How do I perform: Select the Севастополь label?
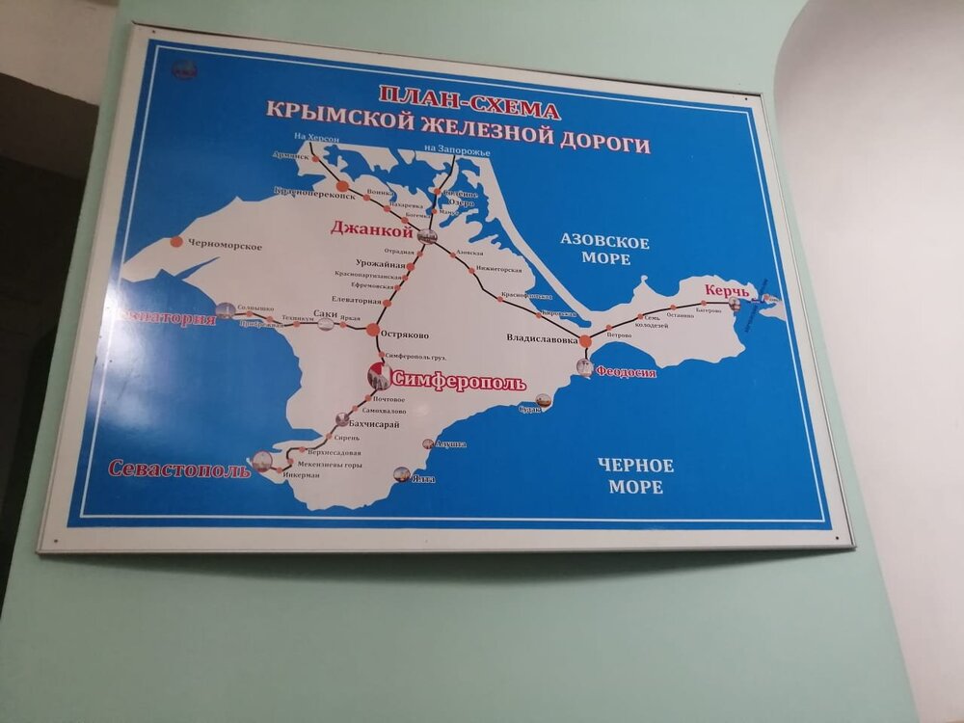click(179, 469)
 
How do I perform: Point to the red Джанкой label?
click(371, 229)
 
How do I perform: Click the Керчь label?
click(727, 289)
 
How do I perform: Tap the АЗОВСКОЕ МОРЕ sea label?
click(605, 250)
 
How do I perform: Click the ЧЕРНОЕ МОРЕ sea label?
click(635, 476)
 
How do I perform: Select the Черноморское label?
click(226, 246)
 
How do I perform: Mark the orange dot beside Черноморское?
click(175, 242)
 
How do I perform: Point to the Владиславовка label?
click(542, 339)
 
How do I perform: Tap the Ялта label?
click(422, 478)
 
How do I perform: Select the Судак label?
click(530, 409)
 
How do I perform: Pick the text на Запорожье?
click(457, 152)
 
